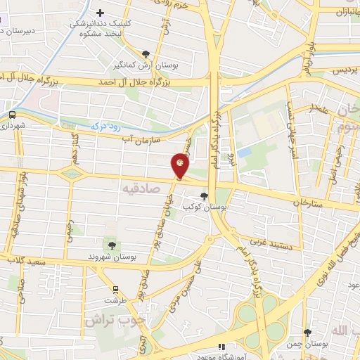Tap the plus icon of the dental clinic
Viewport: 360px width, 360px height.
[101, 13]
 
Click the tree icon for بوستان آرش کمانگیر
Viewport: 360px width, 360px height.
[146, 53]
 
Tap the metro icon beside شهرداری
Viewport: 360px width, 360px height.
[13, 115]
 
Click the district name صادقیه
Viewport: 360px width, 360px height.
[141, 188]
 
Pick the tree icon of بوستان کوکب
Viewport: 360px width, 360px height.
[204, 196]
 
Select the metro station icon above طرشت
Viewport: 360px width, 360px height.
[115, 289]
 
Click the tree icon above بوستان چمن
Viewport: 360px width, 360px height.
[307, 333]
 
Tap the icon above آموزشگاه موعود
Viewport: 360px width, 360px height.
[221, 346]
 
